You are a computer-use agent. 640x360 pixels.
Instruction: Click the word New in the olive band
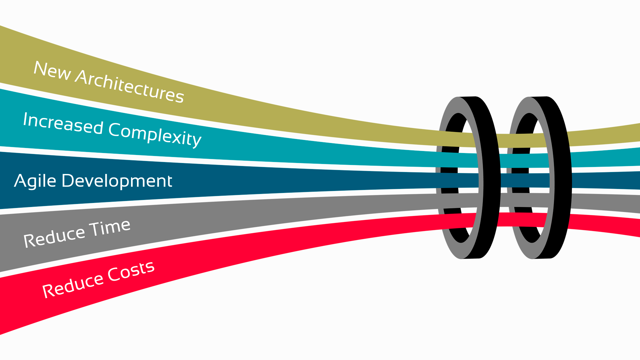(52, 71)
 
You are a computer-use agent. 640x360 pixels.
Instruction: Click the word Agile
(35, 181)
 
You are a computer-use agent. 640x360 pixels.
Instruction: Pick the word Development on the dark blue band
(117, 181)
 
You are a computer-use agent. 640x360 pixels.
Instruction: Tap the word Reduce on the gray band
(54, 236)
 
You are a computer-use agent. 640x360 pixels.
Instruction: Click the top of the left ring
(467, 99)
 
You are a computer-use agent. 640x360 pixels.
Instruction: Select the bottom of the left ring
(470, 257)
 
